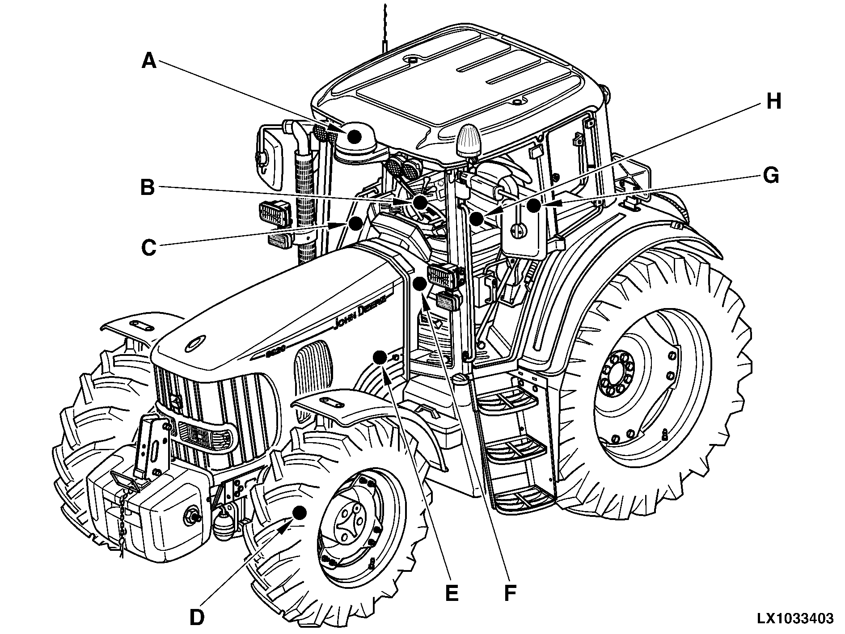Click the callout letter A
point(149,61)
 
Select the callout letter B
point(147,188)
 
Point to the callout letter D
point(196,617)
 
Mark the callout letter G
point(770,176)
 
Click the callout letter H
point(773,102)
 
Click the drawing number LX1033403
point(794,618)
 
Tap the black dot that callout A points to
point(355,136)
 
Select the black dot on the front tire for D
point(299,512)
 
